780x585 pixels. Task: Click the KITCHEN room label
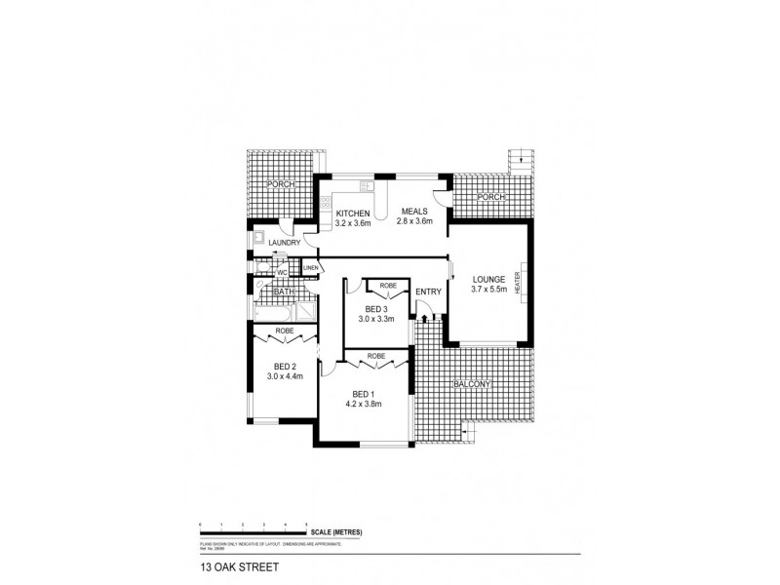pos(353,214)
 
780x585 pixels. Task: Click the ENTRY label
pos(428,292)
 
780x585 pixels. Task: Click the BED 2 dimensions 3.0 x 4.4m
pos(286,376)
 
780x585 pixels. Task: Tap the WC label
pos(282,273)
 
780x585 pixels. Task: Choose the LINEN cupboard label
pos(311,267)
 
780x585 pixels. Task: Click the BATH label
pos(284,291)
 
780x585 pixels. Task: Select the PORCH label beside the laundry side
pos(283,185)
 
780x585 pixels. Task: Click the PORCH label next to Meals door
pos(490,198)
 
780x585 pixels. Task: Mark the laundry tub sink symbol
pos(258,236)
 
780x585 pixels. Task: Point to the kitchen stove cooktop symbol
pos(326,203)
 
